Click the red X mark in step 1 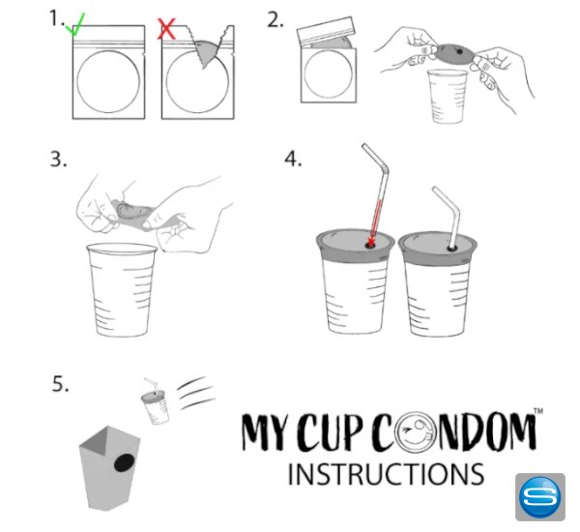coord(166,29)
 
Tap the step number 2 coord(275,20)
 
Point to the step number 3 coord(58,160)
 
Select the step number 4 coord(293,160)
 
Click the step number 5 coord(60,384)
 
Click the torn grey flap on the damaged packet coord(207,52)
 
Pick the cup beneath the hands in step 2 coord(447,97)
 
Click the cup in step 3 coord(122,290)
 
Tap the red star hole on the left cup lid coord(370,244)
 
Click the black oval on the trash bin coord(125,462)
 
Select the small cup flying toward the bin coord(156,401)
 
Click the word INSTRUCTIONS coord(386,474)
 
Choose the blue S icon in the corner coord(540,497)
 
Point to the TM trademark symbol coord(538,411)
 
